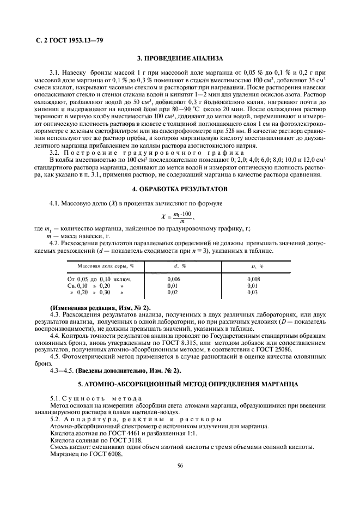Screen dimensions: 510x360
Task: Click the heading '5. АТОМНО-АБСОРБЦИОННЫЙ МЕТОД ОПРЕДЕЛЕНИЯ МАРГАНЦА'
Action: click(x=179, y=384)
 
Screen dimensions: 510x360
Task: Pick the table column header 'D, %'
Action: click(x=253, y=265)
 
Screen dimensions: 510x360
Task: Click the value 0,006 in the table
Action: click(x=174, y=278)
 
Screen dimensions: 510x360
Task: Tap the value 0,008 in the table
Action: click(x=254, y=278)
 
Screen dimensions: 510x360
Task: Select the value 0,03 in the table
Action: click(x=252, y=292)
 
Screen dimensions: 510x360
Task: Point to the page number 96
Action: click(x=180, y=465)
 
